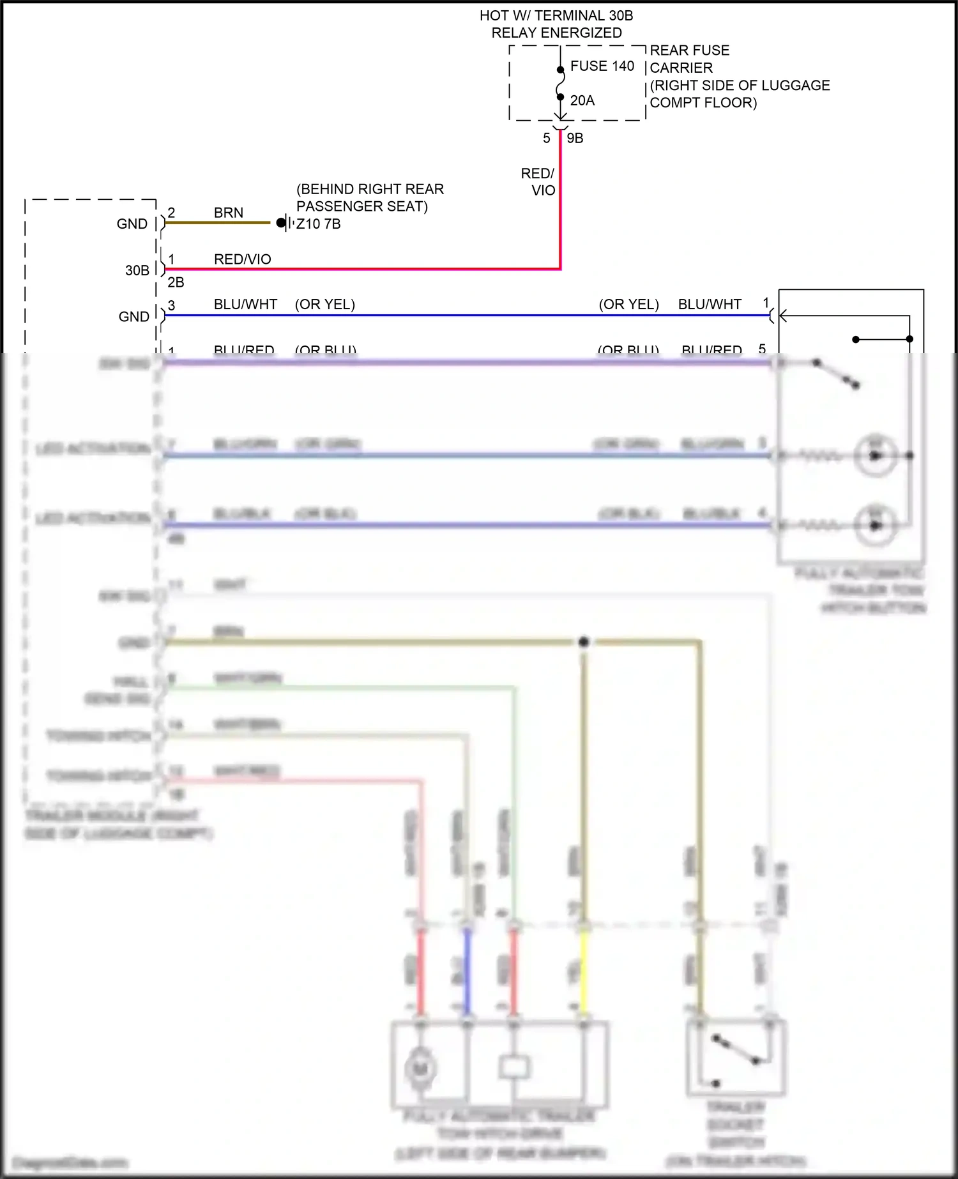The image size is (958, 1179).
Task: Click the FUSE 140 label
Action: tap(602, 66)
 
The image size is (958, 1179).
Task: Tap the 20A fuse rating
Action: tap(582, 101)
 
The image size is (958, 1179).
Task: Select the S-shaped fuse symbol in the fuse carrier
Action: tap(560, 84)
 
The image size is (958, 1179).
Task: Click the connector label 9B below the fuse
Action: tap(575, 139)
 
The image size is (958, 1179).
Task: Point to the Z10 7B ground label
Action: tap(319, 224)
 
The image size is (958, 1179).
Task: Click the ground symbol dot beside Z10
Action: tap(280, 223)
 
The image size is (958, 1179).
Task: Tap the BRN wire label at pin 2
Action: tap(228, 213)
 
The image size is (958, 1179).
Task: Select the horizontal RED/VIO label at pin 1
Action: tap(242, 259)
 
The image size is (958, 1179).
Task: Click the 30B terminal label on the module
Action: tap(137, 271)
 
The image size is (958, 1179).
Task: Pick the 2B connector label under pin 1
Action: tap(176, 282)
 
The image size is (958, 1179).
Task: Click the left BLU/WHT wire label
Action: tap(245, 305)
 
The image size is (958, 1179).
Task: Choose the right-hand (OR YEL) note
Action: tap(628, 305)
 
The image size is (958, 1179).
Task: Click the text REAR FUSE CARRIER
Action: tap(689, 59)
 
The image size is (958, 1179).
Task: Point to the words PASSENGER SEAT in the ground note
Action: tap(361, 206)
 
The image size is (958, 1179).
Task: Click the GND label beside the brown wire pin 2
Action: tap(132, 224)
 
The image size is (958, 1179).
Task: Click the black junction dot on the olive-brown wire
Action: tap(583, 642)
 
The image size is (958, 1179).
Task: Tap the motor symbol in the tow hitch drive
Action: tap(420, 1068)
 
